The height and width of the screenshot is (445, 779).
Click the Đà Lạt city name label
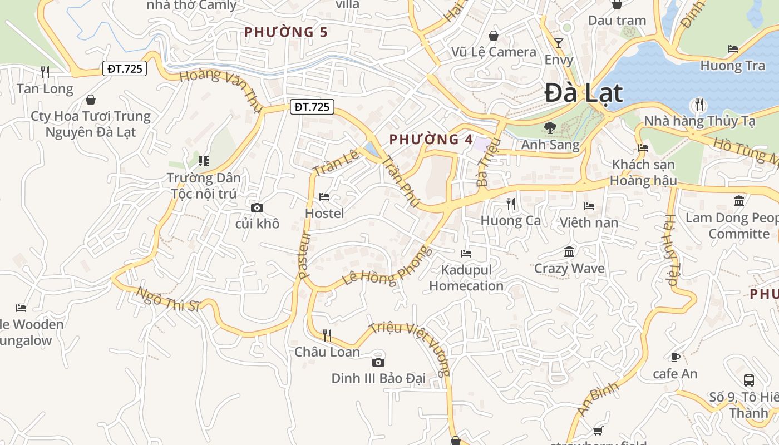(583, 93)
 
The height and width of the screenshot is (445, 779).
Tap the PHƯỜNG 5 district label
(286, 32)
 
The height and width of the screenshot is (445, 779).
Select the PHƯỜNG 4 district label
(431, 140)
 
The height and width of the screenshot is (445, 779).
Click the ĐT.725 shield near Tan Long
(125, 69)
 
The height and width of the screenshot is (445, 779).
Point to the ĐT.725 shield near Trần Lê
(312, 107)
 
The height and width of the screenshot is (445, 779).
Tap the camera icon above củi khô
(257, 208)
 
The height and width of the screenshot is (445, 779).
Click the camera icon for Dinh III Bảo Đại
(378, 363)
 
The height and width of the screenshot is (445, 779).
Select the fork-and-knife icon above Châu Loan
(327, 335)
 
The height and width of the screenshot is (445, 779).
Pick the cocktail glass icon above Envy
(559, 43)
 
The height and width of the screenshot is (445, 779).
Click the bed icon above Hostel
(324, 197)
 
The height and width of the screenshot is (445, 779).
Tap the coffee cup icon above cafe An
(675, 357)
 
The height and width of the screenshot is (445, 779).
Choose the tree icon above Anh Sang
(550, 128)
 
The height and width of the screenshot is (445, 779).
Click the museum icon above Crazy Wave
(569, 253)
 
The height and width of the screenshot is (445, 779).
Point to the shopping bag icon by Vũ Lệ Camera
(494, 36)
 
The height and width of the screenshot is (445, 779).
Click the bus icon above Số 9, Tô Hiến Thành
(749, 380)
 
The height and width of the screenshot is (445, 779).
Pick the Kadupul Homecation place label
(466, 278)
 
